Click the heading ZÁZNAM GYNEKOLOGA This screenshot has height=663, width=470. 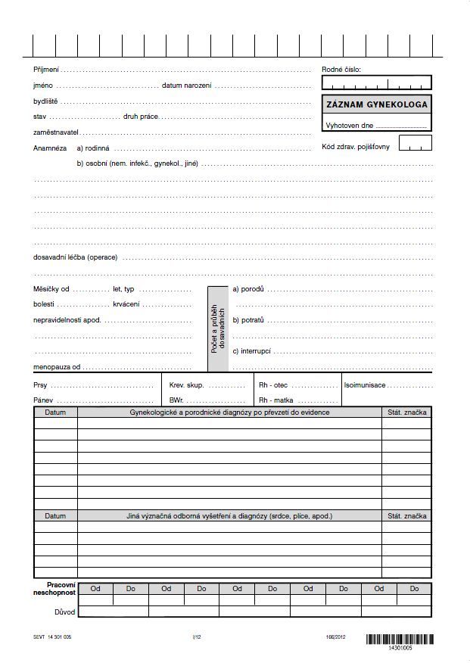pos(377,104)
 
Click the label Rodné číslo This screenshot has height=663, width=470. pos(341,70)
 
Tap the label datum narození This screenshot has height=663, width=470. pos(187,86)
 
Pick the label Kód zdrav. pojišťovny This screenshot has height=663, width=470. pos(356,147)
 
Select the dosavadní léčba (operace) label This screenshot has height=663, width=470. pos(75,257)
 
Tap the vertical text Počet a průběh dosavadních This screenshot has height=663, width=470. pos(218,328)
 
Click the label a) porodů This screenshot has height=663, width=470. pos(248,289)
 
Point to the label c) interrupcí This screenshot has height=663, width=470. pos(252,351)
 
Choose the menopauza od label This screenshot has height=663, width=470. pos(57,367)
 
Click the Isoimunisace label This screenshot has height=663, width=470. pos(365,385)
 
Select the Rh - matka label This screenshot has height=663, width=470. pos(276,400)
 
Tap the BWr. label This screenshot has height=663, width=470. pos(176,400)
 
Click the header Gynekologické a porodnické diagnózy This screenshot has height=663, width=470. pos(229,412)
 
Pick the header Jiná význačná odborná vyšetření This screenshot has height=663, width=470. pos(229,516)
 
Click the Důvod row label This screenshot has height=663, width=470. pos(64,612)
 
